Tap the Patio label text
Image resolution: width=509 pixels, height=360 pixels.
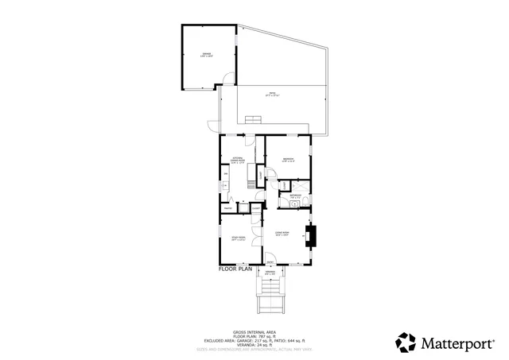272,95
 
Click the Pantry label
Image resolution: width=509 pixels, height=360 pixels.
228,209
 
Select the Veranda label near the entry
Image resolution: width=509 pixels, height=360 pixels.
270,273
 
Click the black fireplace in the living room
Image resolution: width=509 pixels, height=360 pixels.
313,236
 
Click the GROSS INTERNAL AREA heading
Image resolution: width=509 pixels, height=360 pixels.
254,331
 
